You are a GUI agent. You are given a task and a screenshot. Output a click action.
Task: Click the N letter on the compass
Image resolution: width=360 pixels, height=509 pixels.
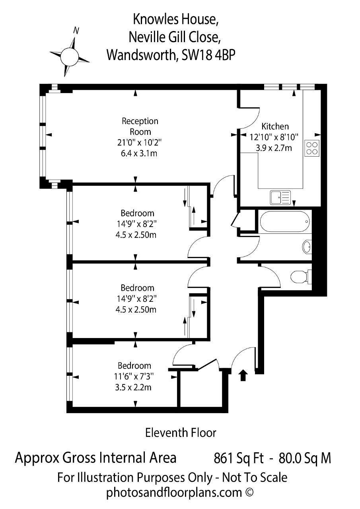tap(76, 30)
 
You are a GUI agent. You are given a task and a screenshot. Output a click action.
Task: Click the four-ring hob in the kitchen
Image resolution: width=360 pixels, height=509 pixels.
tap(312, 148)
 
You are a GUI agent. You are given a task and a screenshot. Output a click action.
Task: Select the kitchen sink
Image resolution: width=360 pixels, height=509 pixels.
tap(280, 198)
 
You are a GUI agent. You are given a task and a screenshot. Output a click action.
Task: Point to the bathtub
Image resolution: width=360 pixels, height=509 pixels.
tap(285, 221)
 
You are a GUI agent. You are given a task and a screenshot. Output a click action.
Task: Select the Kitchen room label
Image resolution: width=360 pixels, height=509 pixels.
tap(275, 126)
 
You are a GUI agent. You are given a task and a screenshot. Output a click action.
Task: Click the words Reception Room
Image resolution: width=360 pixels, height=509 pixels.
tap(140, 126)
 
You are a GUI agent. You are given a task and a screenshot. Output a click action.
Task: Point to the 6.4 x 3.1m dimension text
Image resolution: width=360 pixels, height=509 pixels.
tap(139, 153)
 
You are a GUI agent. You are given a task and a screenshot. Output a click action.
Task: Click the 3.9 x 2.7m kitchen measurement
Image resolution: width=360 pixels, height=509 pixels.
tap(274, 148)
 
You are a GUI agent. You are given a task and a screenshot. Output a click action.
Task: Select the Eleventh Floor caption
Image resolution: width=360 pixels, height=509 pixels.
tap(181, 433)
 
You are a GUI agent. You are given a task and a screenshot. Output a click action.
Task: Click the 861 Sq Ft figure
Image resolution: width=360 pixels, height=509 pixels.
tap(239, 458)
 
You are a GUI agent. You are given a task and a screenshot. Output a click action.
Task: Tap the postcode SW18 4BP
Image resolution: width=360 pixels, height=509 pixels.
tap(208, 55)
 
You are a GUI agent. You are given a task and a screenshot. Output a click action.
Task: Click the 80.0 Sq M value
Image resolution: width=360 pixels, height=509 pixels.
tap(305, 458)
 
